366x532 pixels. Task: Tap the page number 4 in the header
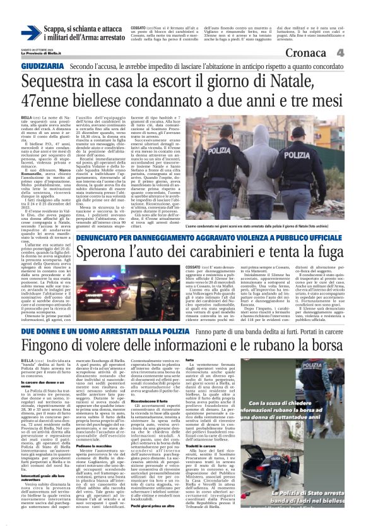point(357,53)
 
